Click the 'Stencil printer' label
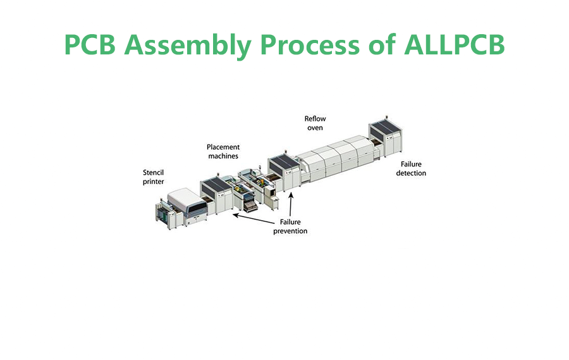(154, 177)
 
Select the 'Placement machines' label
(223, 151)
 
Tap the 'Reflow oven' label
(315, 123)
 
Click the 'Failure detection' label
(411, 168)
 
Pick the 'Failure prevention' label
(290, 227)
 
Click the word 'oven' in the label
(315, 128)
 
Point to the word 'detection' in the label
(411, 173)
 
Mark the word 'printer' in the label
(154, 182)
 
